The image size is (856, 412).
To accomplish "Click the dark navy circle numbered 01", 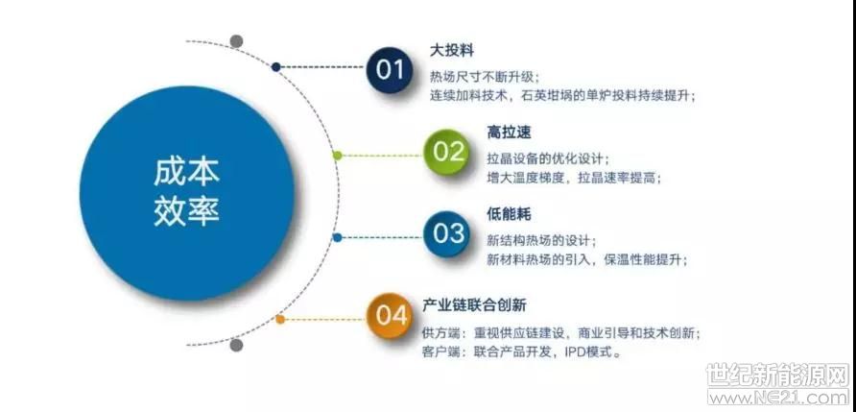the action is (390, 69).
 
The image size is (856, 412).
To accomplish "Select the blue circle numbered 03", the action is (446, 234).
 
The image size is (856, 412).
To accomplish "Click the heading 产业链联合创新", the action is (474, 304).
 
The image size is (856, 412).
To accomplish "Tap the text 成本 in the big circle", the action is (186, 172).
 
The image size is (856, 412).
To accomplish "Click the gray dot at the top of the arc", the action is (236, 41).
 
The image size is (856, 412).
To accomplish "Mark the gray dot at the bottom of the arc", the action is (236, 345).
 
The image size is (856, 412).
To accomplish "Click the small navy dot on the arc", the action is (276, 67).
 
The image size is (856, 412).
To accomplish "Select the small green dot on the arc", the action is (338, 156).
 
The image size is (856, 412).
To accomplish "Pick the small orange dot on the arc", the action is (280, 319).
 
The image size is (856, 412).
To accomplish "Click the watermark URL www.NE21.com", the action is (778, 397).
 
